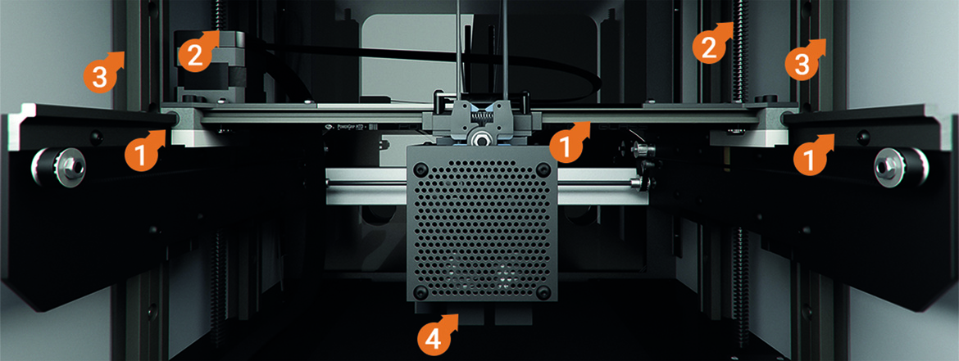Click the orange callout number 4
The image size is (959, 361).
coord(434,337)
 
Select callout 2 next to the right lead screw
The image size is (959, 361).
coord(707,47)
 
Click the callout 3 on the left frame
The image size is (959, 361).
coord(98,78)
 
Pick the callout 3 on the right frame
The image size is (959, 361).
coord(800,64)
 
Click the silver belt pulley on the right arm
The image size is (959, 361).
coord(889,167)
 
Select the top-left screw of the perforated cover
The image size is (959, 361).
coord(421,169)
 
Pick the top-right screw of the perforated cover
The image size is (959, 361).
coord(543,169)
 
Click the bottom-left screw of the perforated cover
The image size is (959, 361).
coord(421,293)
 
